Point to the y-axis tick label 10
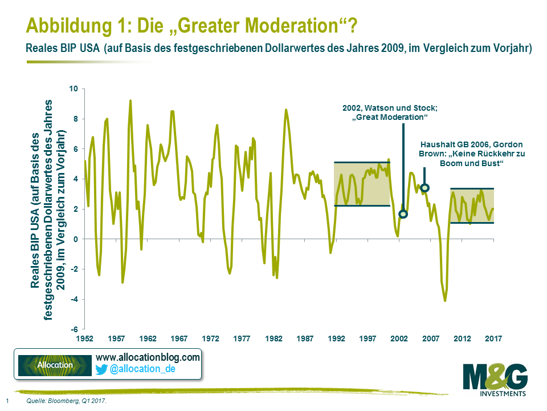(x=73, y=89)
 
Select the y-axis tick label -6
(x=74, y=329)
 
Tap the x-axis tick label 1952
(x=84, y=339)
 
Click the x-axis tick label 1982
(x=273, y=339)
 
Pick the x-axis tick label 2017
(x=493, y=339)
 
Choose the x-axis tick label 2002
(x=399, y=339)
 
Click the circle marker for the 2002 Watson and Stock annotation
(x=403, y=214)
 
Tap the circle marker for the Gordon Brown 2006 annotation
(x=424, y=187)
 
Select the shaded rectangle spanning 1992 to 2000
(x=362, y=184)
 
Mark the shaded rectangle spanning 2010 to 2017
(x=472, y=205)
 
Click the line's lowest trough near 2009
(x=445, y=301)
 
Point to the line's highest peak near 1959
(x=130, y=100)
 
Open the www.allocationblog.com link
(x=148, y=357)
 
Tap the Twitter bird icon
(x=101, y=369)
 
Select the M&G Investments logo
(x=495, y=379)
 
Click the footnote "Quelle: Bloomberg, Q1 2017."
(x=67, y=402)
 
